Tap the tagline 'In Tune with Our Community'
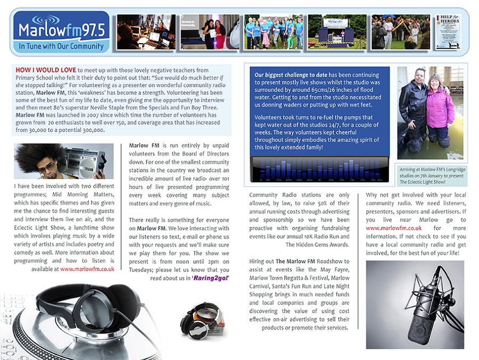(61, 46)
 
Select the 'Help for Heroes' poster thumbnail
(448, 31)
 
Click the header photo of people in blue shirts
(274, 31)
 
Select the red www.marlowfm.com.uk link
(87, 269)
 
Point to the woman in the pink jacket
(440, 109)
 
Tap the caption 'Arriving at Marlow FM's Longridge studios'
(432, 171)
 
